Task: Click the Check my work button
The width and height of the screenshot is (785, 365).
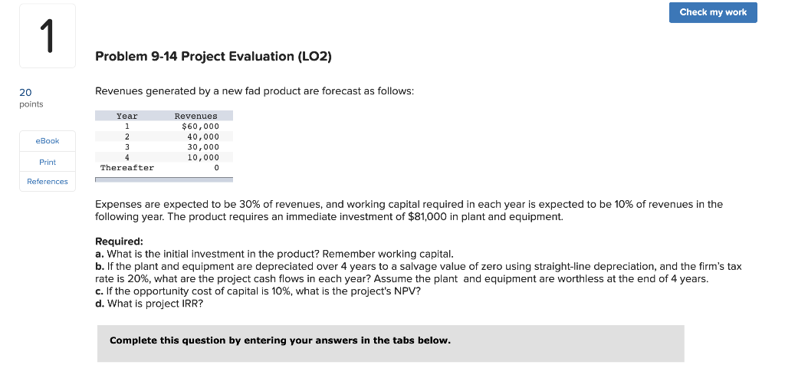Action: point(713,12)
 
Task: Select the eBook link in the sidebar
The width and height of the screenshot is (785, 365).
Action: point(48,141)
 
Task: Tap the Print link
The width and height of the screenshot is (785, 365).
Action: point(48,162)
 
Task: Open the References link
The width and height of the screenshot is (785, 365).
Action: point(48,182)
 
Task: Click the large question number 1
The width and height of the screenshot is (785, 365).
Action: point(47,37)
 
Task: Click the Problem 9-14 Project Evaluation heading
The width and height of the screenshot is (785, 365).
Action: point(213,57)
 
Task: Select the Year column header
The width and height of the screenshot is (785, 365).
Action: point(126,116)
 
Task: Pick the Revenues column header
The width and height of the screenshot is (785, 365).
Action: point(196,116)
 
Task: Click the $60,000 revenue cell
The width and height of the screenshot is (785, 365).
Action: point(200,126)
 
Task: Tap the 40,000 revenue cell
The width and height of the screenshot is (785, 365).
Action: point(203,136)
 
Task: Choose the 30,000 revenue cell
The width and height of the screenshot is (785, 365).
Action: point(203,146)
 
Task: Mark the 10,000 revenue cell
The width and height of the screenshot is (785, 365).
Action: point(203,156)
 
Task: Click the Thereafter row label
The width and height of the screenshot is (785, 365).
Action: point(127,167)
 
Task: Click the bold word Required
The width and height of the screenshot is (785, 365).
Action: point(119,241)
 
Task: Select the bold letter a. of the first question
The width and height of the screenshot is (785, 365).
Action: point(100,254)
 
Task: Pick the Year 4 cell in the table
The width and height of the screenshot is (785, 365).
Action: point(126,156)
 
